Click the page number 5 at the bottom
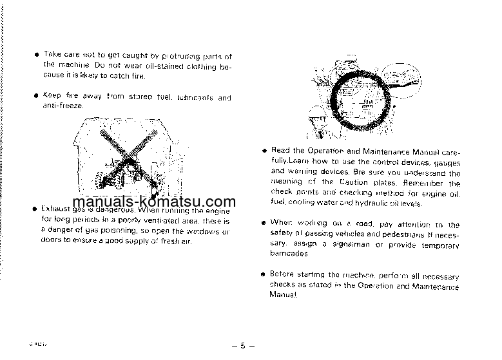[244, 346]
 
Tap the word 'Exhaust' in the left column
[55, 210]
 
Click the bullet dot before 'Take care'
[37, 56]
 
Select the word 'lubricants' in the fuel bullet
[193, 98]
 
